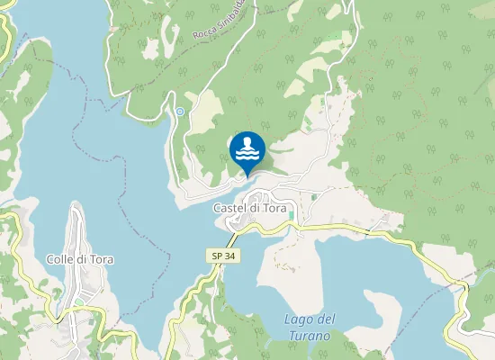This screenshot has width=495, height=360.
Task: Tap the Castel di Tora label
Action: point(249,208)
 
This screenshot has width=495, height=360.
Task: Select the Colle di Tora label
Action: point(78,259)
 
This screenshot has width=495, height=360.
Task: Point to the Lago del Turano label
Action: point(310,328)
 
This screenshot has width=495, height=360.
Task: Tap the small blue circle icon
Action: point(180,112)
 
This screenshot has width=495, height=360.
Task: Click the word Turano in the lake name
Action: point(310,336)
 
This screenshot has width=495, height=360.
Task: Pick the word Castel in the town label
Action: point(229,208)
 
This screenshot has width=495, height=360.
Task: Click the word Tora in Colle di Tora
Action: point(98,259)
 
